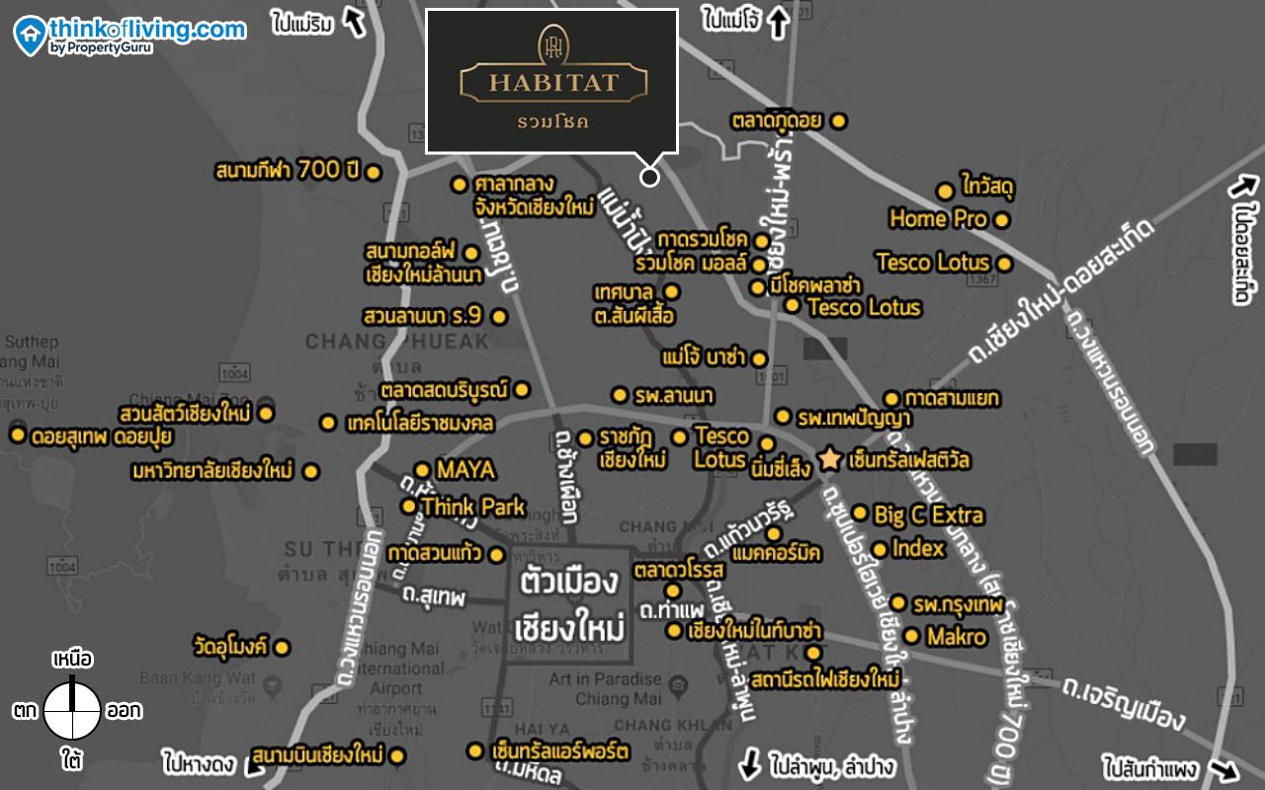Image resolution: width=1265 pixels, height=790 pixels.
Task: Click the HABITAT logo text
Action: pyautogui.click(x=552, y=81)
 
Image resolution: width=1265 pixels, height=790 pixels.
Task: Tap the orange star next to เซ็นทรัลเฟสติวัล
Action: pyautogui.click(x=829, y=460)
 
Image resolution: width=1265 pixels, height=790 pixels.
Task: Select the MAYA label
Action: pyautogui.click(x=465, y=470)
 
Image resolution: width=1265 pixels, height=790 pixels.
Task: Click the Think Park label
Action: pyautogui.click(x=473, y=507)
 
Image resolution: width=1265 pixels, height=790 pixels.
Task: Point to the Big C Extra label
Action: pyautogui.click(x=929, y=514)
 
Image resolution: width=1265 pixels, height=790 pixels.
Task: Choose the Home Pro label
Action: pyautogui.click(x=938, y=218)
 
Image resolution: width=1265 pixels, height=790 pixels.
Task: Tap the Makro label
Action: pyautogui.click(x=957, y=637)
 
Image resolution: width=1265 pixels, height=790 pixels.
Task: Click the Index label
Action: pyautogui.click(x=918, y=548)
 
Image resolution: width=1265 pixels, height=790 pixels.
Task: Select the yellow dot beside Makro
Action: pyautogui.click(x=911, y=636)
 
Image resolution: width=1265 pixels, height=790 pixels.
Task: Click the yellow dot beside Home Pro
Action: pyautogui.click(x=1001, y=220)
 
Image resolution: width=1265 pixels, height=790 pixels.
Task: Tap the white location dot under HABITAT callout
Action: pyautogui.click(x=649, y=177)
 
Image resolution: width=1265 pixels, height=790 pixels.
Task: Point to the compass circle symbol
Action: pyautogui.click(x=72, y=710)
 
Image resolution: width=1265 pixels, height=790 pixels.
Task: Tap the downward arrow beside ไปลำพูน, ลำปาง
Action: pyautogui.click(x=750, y=764)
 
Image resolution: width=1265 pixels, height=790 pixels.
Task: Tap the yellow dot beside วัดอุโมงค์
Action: pyautogui.click(x=282, y=648)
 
